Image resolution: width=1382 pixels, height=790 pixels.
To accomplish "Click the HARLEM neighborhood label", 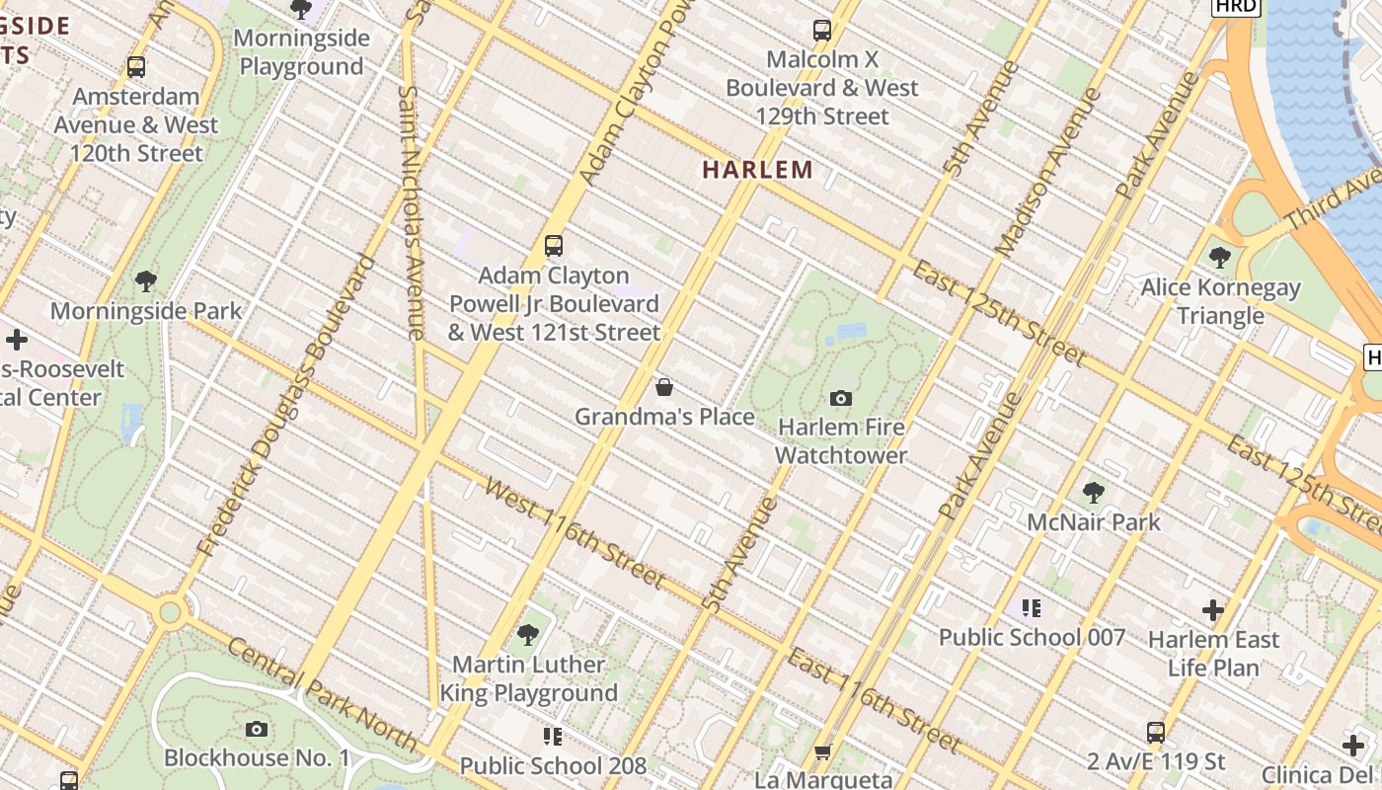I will tap(757, 170).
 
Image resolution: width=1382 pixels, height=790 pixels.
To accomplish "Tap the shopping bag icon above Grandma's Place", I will tap(664, 387).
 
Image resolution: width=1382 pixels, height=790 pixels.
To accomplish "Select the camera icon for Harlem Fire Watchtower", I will tap(841, 398).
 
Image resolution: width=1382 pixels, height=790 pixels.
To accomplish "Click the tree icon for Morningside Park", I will tap(146, 281).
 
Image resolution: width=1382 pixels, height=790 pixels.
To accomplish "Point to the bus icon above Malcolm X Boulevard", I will tap(821, 31).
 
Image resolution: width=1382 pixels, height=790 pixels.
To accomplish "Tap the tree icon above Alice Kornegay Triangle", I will tap(1220, 259).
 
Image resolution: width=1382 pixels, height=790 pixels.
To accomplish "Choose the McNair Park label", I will tap(1094, 521).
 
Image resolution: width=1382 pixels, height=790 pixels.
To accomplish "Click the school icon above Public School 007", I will tap(1032, 607).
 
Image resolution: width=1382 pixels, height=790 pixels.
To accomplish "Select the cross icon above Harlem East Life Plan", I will tap(1213, 610).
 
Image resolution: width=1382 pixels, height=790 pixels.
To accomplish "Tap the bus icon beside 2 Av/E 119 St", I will tap(1156, 733).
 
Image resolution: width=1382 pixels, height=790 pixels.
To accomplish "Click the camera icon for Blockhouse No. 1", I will tap(257, 730).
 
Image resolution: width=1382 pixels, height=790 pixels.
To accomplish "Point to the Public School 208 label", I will tap(553, 765).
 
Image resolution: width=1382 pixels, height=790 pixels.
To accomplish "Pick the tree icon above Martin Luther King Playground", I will tap(528, 634).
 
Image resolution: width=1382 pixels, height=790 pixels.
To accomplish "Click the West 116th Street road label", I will tap(575, 533).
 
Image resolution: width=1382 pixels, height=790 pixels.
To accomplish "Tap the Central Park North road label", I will tap(322, 694).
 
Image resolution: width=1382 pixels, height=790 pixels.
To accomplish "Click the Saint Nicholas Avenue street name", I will tap(412, 212).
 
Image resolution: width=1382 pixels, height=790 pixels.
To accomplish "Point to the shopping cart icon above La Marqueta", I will tap(822, 752).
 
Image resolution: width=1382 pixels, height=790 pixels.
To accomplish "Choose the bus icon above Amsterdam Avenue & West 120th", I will tap(136, 67).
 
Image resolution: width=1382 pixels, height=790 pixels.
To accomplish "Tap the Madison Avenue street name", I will tap(1048, 173).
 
